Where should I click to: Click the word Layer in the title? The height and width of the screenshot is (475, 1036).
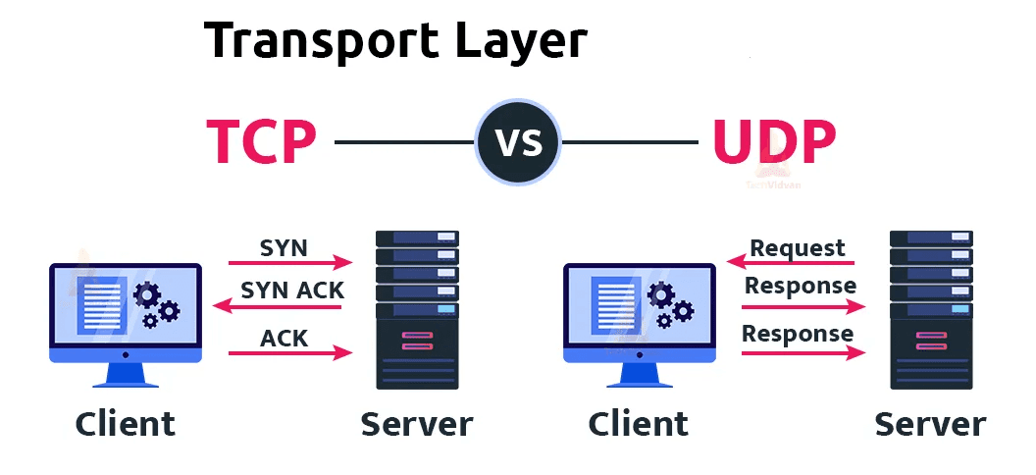click(x=521, y=41)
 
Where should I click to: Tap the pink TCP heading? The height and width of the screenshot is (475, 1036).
click(x=261, y=143)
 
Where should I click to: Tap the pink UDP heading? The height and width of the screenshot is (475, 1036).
click(x=774, y=143)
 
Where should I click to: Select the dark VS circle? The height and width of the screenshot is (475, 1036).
click(x=518, y=143)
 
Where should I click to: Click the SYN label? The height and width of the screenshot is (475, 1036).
click(x=284, y=248)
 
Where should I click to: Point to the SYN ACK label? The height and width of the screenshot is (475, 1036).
click(x=292, y=290)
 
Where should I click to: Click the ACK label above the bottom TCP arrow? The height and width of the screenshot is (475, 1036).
click(x=285, y=339)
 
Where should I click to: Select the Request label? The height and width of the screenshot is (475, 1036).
click(x=798, y=247)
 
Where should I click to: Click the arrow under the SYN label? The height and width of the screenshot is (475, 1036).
click(x=289, y=263)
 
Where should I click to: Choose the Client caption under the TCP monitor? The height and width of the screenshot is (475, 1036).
click(x=126, y=424)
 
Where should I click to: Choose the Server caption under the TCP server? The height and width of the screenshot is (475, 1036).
click(x=417, y=424)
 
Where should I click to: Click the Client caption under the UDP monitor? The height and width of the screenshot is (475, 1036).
click(x=639, y=424)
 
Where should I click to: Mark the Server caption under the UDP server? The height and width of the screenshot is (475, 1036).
click(x=930, y=424)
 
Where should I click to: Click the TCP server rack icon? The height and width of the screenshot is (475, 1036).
click(x=417, y=309)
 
